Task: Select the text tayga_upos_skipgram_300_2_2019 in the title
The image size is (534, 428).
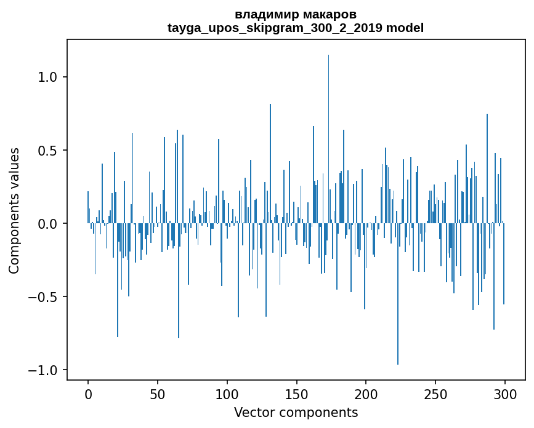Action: (x=275, y=28)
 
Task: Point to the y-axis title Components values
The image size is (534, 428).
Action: (x=14, y=210)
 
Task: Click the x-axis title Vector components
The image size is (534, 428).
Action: (x=296, y=412)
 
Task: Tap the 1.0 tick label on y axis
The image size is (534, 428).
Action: (x=47, y=77)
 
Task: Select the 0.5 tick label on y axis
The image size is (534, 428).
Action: (x=47, y=151)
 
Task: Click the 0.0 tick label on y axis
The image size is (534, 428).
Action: (x=47, y=224)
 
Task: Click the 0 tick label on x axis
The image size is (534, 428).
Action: (x=88, y=393)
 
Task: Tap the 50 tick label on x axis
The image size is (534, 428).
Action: (x=158, y=393)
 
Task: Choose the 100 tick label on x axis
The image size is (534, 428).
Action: (x=227, y=393)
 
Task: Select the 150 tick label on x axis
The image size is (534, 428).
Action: (x=297, y=393)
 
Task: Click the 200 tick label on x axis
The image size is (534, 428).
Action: (x=366, y=393)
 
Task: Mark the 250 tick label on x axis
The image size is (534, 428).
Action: (x=435, y=393)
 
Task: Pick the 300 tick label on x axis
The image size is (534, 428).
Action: (x=505, y=393)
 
